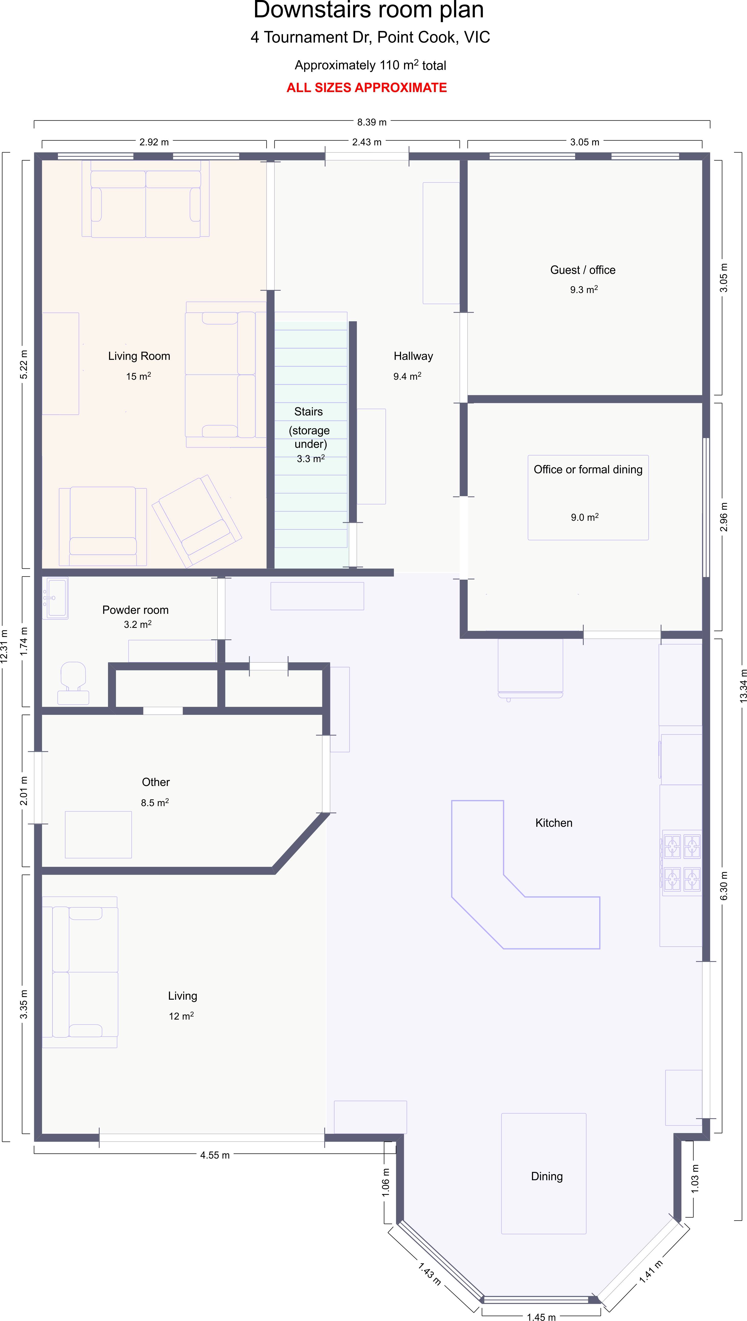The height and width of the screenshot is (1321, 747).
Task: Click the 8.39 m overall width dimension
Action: (x=372, y=122)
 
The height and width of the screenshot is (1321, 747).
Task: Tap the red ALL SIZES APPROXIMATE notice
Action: (x=367, y=88)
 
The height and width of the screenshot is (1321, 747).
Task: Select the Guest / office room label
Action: (x=583, y=270)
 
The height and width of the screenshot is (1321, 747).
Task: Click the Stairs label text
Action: (x=308, y=412)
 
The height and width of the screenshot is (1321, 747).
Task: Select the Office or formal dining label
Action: (x=588, y=470)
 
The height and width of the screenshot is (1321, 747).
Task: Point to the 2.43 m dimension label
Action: (x=367, y=142)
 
